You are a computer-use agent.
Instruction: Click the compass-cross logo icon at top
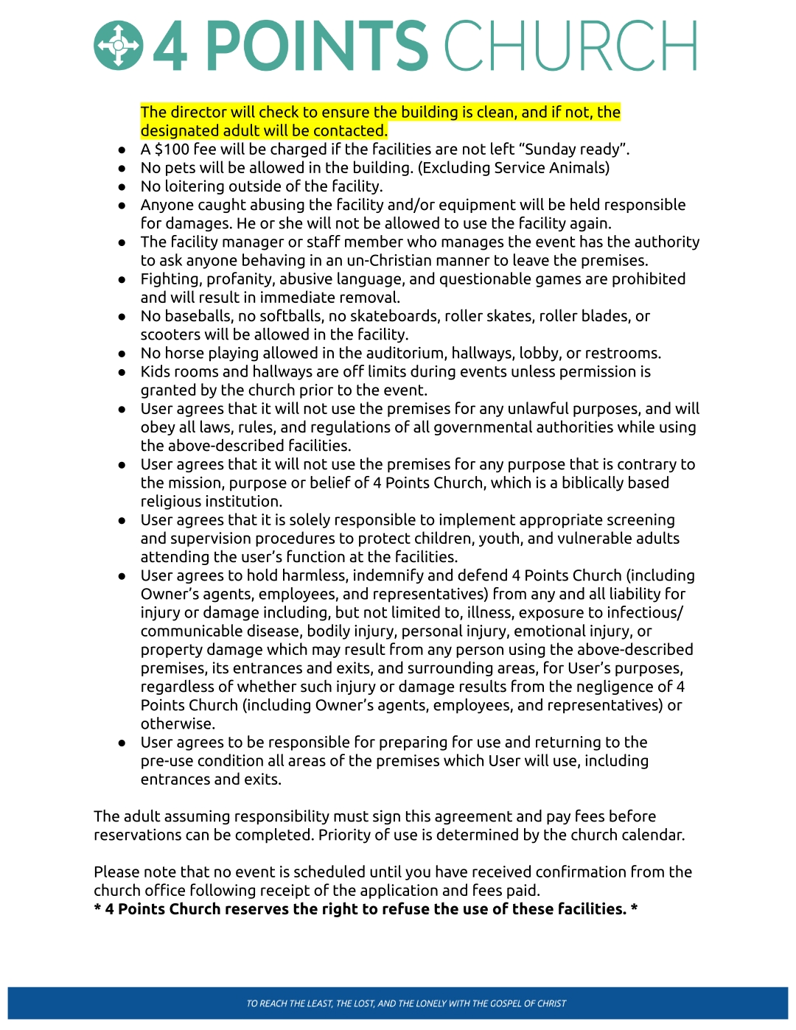[118, 46]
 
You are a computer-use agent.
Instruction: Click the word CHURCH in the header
[570, 46]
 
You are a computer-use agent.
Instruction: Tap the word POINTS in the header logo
[316, 46]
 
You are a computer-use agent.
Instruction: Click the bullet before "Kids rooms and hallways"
[122, 373]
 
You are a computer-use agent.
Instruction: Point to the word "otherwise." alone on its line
[178, 724]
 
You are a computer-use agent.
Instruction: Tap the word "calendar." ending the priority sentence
[653, 835]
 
